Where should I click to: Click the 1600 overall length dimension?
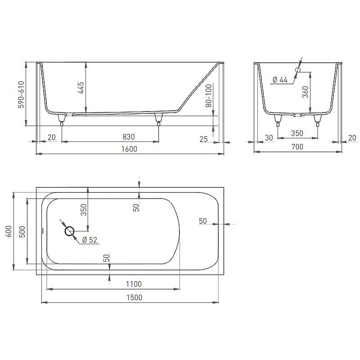[x=129, y=149]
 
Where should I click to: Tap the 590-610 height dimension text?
[x=21, y=94]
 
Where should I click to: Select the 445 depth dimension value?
[x=81, y=88]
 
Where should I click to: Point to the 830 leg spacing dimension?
[x=129, y=137]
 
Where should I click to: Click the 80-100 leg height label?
[x=209, y=95]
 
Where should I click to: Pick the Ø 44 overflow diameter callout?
[x=280, y=80]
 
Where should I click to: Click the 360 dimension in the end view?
[x=305, y=92]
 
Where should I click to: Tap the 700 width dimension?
[x=297, y=147]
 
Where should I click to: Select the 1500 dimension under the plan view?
[x=134, y=297]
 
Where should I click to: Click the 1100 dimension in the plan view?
[x=134, y=284]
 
